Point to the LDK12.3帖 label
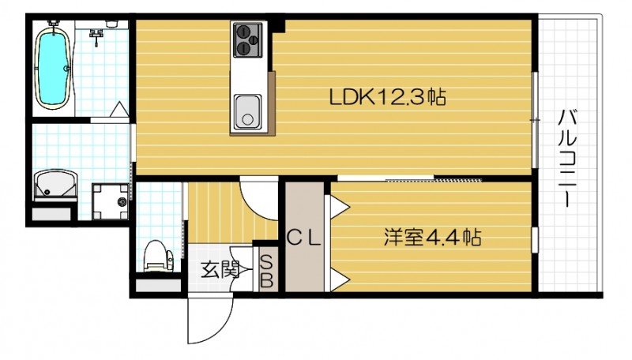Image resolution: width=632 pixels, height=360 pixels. pos(389,98)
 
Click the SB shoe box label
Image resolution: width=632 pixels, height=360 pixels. pos(266,271)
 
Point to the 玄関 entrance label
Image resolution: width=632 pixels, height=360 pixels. pos(218,270)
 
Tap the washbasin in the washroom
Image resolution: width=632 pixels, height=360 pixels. pos(55,186)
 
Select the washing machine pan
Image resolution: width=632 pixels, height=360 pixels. pos(109,202)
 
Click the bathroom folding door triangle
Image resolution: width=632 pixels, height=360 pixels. pos(118,111)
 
